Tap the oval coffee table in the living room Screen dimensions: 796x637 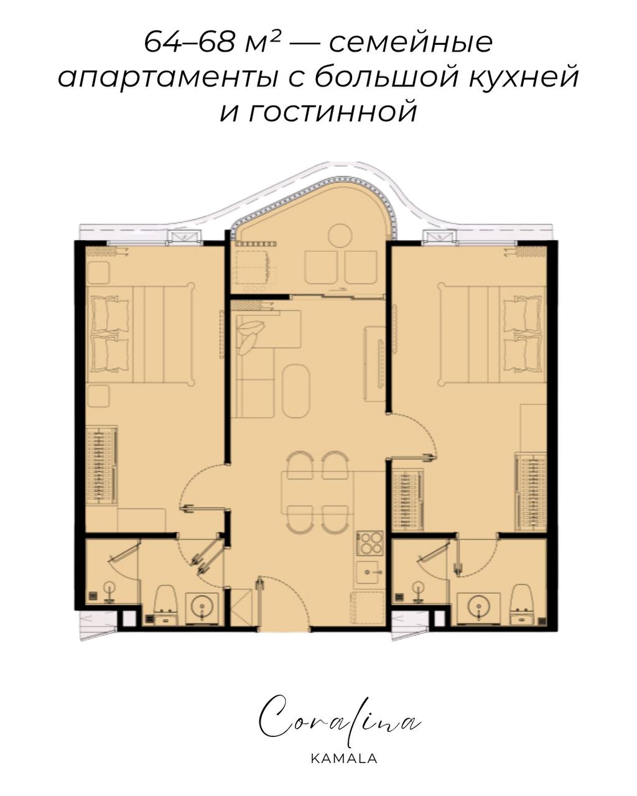click(295, 391)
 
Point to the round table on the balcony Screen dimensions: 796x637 click(340, 236)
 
